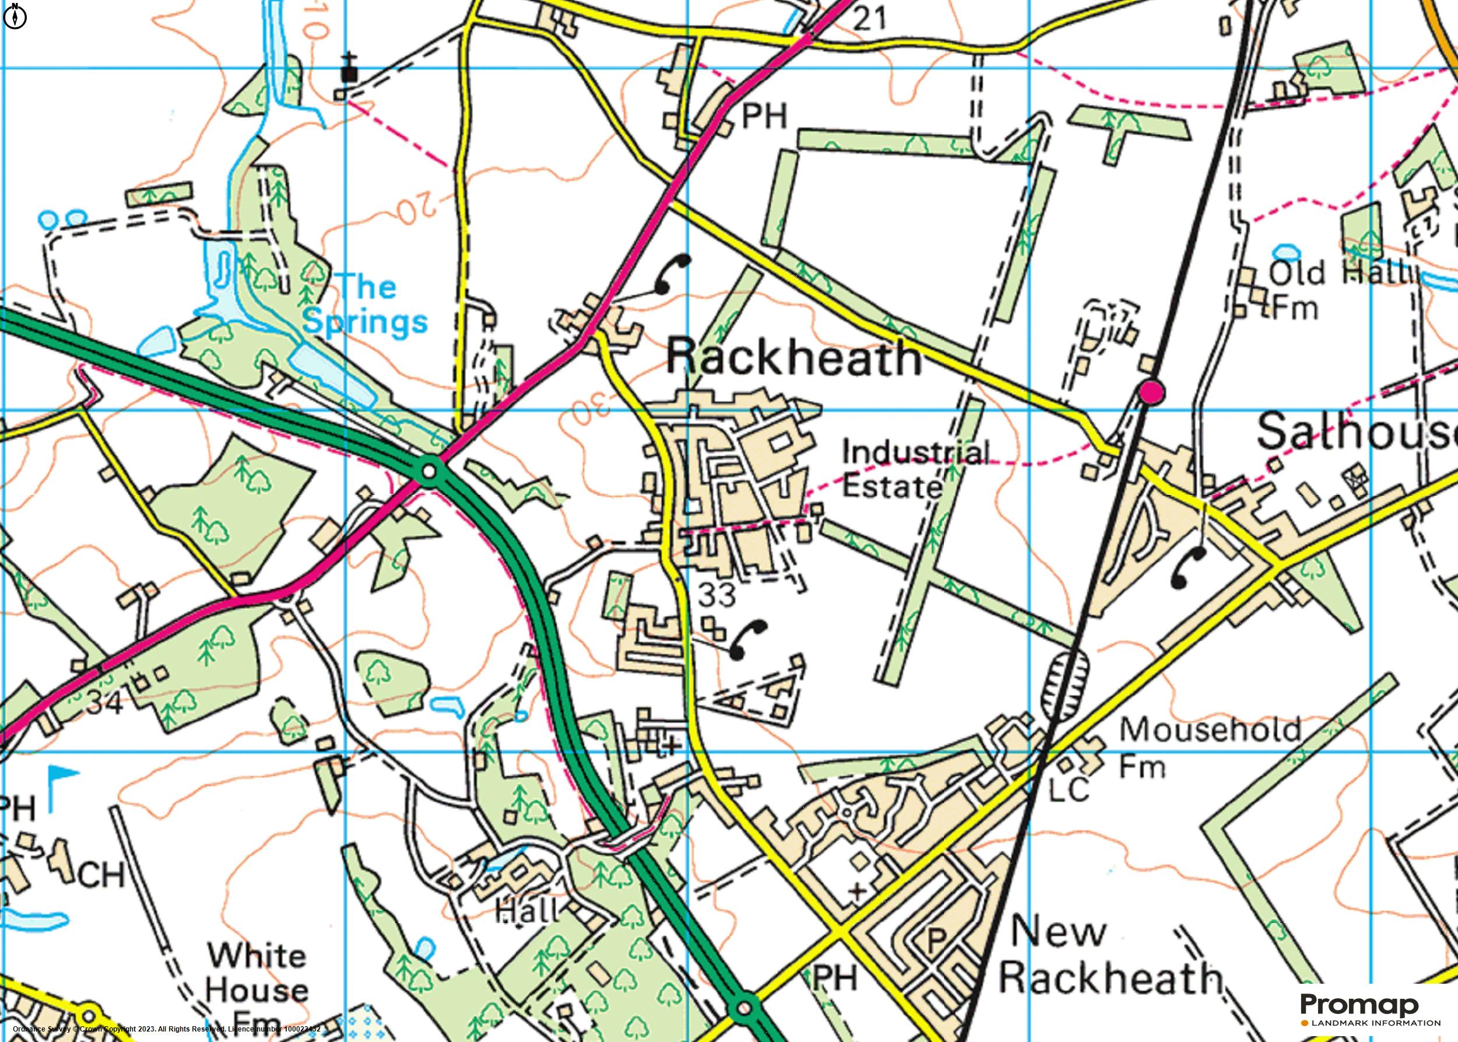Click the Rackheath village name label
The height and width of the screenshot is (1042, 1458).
point(794,357)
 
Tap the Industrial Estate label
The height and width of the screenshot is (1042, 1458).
point(914,469)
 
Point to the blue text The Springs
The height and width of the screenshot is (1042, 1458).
point(366,303)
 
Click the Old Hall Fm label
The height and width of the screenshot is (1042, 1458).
point(1337,290)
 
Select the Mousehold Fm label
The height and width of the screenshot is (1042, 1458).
point(1209,748)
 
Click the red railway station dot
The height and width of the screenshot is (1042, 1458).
point(1151,392)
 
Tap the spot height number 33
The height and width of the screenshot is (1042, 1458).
point(716,595)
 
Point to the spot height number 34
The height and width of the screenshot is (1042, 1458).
point(104,703)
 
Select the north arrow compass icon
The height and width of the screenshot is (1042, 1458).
point(15,17)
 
